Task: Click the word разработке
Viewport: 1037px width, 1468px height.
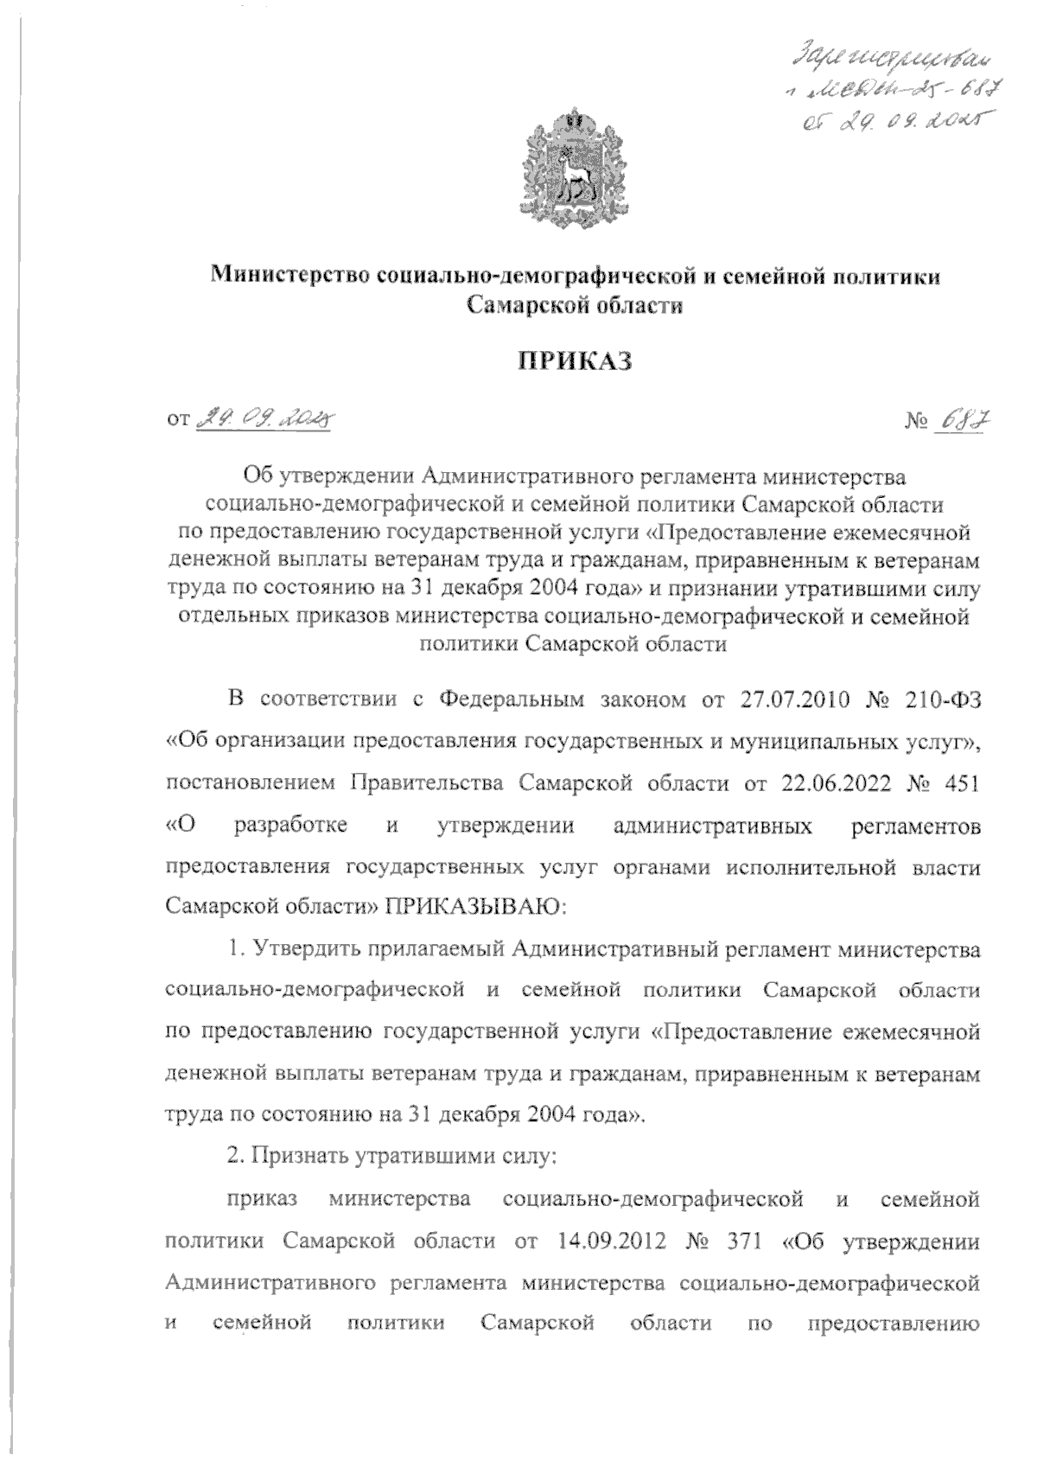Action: point(291,825)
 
